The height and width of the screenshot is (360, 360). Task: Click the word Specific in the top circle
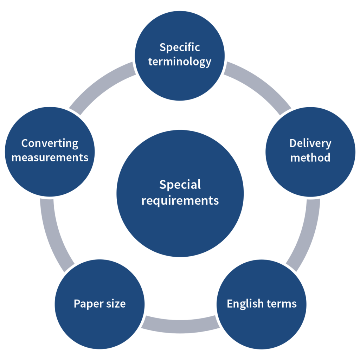[180, 47]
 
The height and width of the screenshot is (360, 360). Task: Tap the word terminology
[180, 62]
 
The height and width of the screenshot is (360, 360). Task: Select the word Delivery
[310, 143]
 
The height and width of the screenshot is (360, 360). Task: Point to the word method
[310, 157]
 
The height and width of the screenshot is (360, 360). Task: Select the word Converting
[50, 143]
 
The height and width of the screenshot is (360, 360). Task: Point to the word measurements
[50, 157]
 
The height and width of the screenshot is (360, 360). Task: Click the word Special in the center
[180, 185]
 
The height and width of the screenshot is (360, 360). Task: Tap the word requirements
[180, 200]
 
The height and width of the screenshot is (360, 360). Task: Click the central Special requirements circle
[180, 225]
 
